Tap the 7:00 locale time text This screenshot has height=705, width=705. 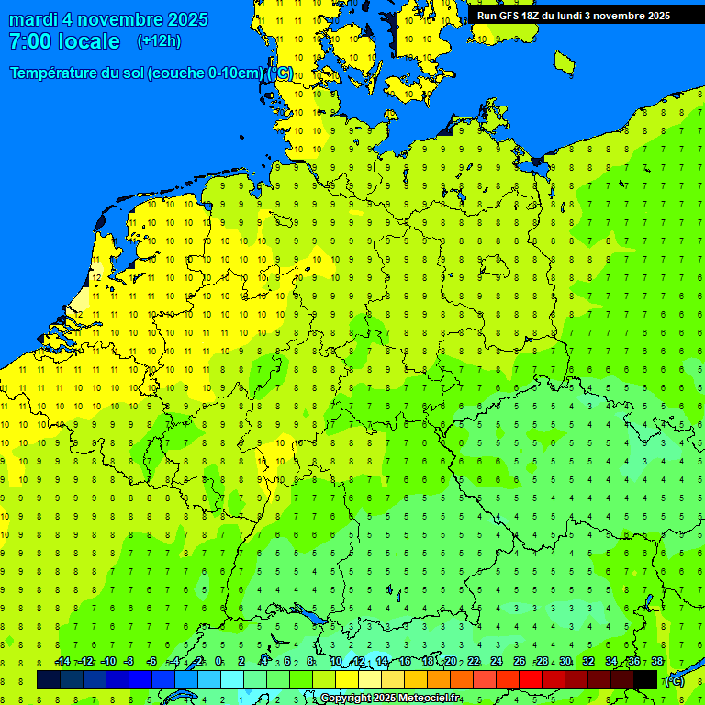click(x=64, y=41)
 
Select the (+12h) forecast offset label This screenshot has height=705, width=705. click(x=159, y=41)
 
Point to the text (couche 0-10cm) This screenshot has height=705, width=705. click(x=206, y=73)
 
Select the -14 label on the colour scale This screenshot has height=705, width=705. click(x=62, y=662)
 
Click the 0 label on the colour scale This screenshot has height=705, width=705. click(x=218, y=662)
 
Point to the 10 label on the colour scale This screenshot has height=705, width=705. click(x=336, y=662)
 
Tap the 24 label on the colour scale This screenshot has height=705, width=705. click(x=497, y=662)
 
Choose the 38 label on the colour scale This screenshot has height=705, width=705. click(x=657, y=662)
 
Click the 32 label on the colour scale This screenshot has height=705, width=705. click(x=588, y=662)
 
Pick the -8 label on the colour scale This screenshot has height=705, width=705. click(x=129, y=662)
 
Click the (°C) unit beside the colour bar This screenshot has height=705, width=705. click(x=675, y=680)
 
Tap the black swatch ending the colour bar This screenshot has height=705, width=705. click(x=645, y=679)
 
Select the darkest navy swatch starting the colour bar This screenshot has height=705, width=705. click(x=49, y=679)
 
